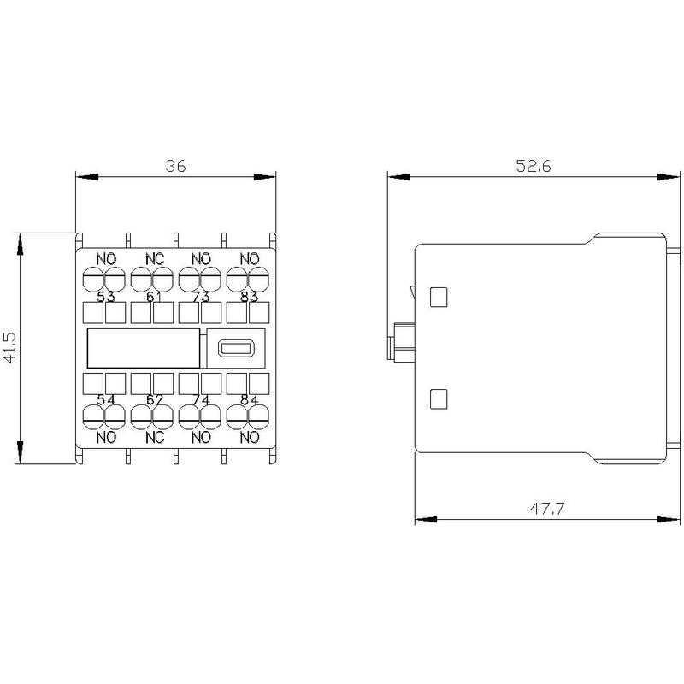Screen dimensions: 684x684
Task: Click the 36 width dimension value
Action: coord(175,166)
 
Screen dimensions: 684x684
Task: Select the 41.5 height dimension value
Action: coord(9,347)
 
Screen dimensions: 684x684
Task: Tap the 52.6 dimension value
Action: coord(534,166)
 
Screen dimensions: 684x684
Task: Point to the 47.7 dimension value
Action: coord(547,509)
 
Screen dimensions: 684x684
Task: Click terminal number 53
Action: coord(106,297)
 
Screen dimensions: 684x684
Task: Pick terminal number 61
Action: coord(154,297)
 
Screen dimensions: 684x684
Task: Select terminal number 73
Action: coord(201,297)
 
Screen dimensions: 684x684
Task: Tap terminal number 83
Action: coord(250,297)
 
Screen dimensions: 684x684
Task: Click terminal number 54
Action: coord(106,400)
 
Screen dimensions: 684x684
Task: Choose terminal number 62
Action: coord(155,400)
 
